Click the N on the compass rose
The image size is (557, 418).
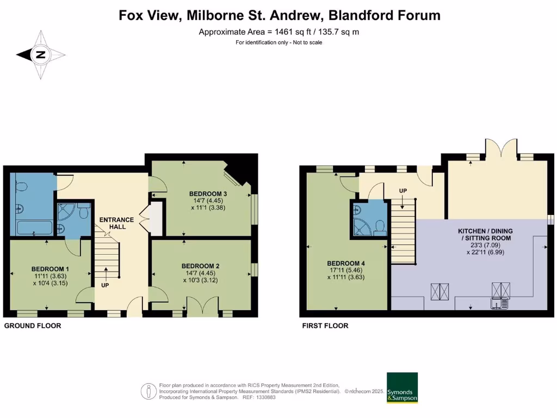40,54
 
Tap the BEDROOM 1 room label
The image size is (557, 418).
50,269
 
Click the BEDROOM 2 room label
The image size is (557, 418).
201,266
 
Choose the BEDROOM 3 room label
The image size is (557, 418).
208,194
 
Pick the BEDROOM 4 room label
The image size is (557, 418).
345,263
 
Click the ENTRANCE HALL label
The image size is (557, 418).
116,223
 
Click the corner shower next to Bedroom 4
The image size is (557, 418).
363,220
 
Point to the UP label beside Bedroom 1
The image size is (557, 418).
104,285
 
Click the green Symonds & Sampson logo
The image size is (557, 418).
402,388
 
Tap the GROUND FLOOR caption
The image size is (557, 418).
33,325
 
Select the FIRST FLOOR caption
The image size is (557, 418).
325,325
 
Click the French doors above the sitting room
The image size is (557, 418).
500,148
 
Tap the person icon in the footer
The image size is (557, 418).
148,391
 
